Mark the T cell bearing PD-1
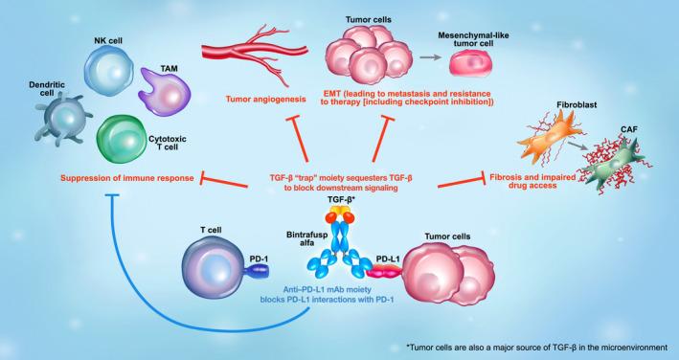pyautogui.click(x=214, y=265)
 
